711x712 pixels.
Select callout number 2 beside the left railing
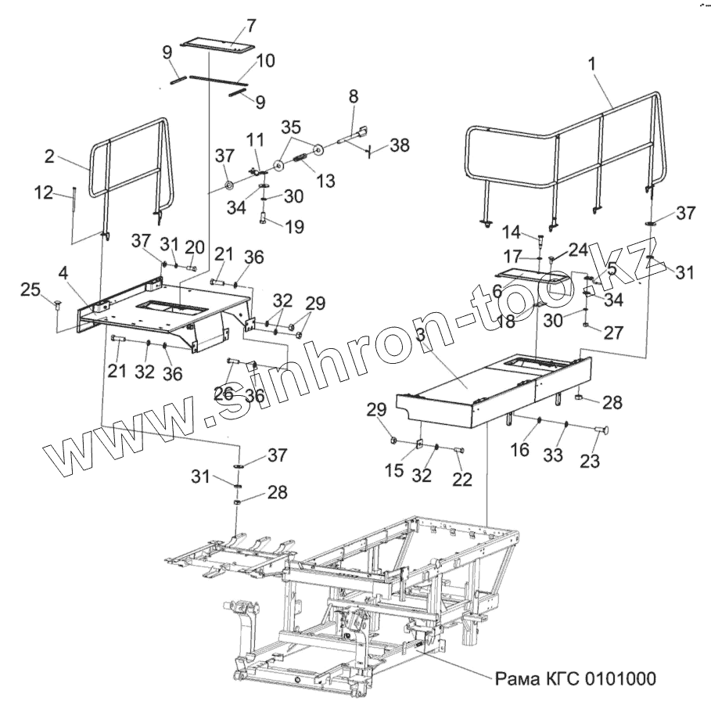click(49, 156)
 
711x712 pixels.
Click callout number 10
click(265, 60)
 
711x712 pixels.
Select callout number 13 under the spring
click(325, 181)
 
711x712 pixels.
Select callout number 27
click(613, 332)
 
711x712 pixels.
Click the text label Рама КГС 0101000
click(574, 677)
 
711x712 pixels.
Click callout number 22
click(462, 480)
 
